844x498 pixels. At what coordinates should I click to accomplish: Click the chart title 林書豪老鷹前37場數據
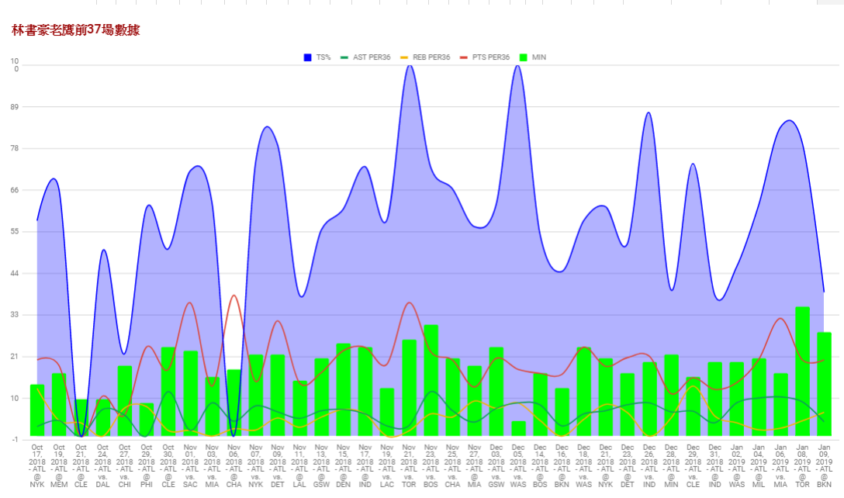[76, 30]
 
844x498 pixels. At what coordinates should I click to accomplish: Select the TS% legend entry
[317, 57]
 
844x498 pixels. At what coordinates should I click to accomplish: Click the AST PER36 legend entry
[365, 57]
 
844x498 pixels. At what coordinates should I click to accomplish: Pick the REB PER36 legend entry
[425, 57]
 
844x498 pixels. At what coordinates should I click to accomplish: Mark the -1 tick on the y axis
[15, 439]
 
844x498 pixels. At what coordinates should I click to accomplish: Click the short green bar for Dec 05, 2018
[518, 428]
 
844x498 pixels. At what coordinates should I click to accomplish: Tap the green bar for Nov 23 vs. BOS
[431, 380]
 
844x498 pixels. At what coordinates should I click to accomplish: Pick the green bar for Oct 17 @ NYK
[37, 410]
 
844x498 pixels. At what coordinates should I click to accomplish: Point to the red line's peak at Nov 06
[233, 296]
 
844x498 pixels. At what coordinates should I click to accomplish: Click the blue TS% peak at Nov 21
[410, 66]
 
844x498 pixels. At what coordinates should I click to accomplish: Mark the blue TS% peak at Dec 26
[649, 113]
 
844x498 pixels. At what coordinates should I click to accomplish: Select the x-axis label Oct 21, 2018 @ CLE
[81, 466]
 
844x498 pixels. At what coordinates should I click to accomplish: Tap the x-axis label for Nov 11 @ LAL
[299, 466]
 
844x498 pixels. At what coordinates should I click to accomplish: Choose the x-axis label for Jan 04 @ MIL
[759, 466]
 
